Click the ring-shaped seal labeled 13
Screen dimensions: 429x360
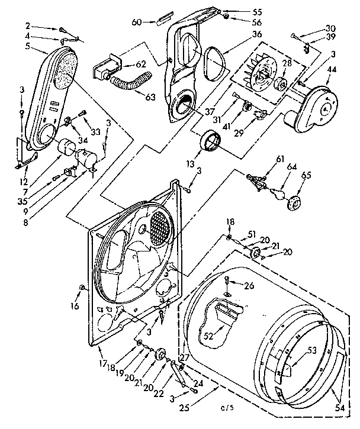point(211,143)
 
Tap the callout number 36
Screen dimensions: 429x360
point(240,34)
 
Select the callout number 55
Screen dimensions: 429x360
point(240,11)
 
